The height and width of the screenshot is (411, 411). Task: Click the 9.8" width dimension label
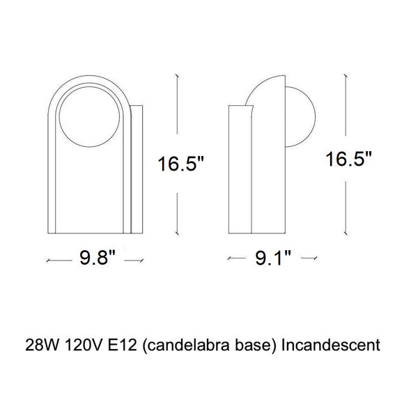98,257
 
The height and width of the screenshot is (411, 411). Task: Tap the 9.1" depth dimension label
273,258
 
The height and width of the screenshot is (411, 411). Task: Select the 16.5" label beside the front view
180,164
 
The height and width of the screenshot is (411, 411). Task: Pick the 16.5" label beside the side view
348,159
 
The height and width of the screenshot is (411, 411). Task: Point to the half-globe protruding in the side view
315,117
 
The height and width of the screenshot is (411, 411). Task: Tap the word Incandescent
330,345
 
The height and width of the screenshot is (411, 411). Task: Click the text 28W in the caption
42,345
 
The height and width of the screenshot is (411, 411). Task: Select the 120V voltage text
84,345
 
